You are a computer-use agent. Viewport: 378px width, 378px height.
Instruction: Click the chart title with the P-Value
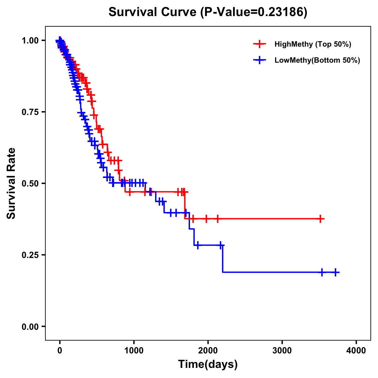point(208,12)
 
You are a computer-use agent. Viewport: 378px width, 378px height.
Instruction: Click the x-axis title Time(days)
point(208,364)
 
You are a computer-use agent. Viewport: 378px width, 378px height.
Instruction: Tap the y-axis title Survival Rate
point(11,183)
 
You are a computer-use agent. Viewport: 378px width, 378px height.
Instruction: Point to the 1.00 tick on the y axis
point(31,41)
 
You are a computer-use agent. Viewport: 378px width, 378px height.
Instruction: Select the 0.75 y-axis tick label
point(31,112)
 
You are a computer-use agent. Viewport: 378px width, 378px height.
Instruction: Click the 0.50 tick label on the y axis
point(31,183)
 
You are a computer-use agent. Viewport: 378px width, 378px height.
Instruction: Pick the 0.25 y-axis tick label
point(31,255)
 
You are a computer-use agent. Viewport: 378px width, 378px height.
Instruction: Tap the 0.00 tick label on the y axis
point(31,326)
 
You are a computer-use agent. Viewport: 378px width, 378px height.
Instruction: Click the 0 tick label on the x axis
point(60,351)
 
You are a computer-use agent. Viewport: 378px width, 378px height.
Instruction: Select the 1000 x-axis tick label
point(134,351)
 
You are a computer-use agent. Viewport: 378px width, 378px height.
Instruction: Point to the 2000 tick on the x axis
point(208,351)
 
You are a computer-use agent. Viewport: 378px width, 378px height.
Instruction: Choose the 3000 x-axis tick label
point(282,351)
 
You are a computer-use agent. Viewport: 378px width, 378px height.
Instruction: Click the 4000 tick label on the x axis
point(356,351)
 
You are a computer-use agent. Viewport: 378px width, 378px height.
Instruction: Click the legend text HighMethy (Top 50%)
point(313,44)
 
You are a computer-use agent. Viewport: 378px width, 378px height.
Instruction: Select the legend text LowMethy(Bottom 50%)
point(317,60)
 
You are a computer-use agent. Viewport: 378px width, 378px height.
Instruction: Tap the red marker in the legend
point(260,44)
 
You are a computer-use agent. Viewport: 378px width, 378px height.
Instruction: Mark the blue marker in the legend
point(260,60)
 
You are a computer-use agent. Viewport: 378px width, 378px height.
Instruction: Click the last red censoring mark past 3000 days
point(320,219)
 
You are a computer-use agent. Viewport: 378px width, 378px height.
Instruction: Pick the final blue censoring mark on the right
point(336,272)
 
